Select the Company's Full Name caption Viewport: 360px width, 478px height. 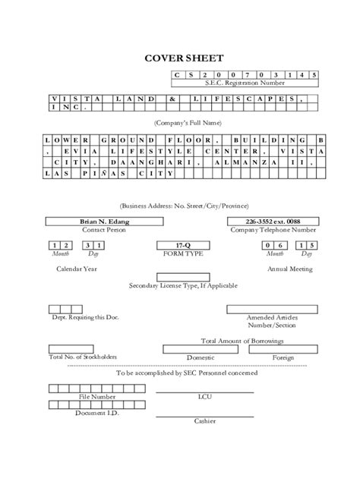coord(180,121)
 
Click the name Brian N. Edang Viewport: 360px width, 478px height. coord(106,221)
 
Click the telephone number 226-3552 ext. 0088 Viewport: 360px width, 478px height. coord(272,221)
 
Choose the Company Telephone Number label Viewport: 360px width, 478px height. coord(273,228)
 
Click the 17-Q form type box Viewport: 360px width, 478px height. coord(179,245)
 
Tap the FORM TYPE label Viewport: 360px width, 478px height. coord(180,253)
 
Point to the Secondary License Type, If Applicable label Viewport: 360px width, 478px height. coord(183,285)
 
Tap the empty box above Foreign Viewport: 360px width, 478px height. coord(283,349)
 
